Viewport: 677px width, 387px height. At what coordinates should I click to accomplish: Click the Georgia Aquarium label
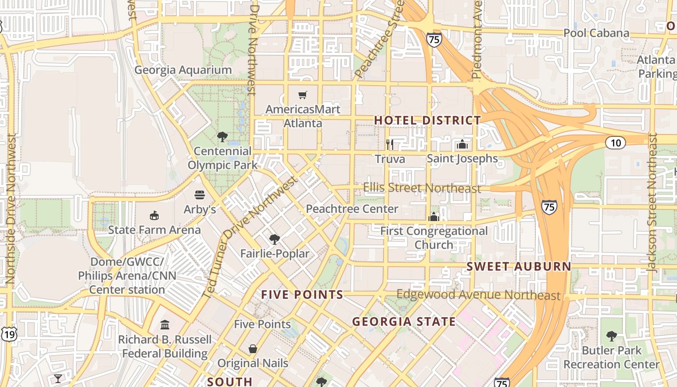[183, 70]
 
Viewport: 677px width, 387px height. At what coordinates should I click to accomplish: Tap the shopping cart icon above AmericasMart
[303, 95]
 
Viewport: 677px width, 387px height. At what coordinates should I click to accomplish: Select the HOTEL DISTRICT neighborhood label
[427, 120]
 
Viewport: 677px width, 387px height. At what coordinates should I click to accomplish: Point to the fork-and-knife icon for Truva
[390, 144]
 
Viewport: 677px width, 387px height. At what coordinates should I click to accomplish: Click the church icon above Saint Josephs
[462, 144]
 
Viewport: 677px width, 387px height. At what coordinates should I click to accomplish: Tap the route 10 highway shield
[615, 143]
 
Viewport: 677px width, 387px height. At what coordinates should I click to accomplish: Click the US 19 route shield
[9, 334]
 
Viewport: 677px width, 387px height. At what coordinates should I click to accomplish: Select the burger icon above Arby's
[200, 195]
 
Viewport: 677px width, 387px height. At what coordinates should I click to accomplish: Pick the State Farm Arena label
[154, 230]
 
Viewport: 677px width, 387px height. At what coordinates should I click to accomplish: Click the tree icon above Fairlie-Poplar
[275, 239]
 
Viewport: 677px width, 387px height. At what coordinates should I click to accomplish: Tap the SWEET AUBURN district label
[519, 267]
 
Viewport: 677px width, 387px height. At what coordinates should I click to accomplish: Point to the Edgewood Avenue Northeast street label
[478, 295]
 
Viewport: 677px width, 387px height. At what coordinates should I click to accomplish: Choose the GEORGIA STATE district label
[404, 322]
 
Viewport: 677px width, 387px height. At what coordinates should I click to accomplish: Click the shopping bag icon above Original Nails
[252, 349]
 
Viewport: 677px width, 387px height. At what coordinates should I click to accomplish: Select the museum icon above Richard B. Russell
[165, 325]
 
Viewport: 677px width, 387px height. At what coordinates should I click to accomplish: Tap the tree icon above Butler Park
[611, 336]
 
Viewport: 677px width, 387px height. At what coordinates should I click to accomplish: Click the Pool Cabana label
[596, 33]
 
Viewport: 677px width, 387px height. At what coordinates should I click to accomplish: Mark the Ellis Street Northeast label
[422, 188]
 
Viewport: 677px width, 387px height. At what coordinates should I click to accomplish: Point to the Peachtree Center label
[352, 209]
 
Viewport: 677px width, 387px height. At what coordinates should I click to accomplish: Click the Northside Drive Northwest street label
[10, 209]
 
